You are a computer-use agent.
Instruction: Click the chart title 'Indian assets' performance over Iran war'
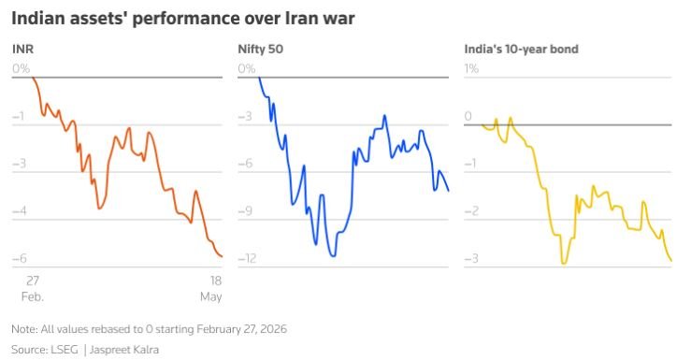point(183,19)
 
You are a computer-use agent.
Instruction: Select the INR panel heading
point(23,49)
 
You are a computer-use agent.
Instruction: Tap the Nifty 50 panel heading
point(261,49)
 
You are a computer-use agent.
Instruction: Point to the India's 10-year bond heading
point(522,49)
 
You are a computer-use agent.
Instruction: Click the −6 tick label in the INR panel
point(20,258)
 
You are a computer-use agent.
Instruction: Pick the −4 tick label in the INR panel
point(20,210)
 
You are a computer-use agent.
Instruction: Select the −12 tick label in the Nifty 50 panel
point(247,258)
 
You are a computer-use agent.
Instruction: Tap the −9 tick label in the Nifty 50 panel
point(246,210)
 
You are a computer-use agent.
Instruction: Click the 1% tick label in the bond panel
point(471,68)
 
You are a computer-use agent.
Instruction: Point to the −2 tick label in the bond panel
point(471,210)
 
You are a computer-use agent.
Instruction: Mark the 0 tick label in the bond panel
point(468,116)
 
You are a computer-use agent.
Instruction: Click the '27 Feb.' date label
point(33,288)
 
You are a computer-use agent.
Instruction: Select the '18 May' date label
point(211,288)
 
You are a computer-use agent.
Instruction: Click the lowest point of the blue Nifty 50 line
point(333,255)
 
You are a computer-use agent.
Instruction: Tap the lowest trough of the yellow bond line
point(564,264)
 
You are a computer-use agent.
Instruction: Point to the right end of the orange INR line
point(222,256)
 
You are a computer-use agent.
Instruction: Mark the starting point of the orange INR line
point(33,78)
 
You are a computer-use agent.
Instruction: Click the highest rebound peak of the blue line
point(384,115)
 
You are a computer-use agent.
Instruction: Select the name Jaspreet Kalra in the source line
point(124,350)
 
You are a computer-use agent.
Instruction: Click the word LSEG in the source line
point(65,350)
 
